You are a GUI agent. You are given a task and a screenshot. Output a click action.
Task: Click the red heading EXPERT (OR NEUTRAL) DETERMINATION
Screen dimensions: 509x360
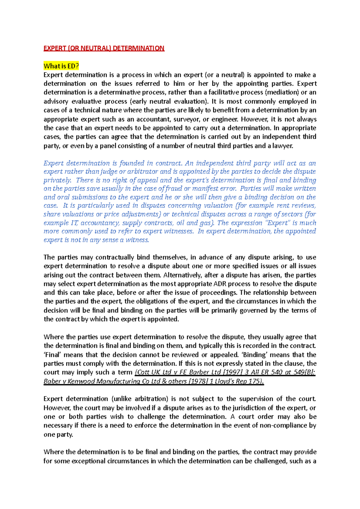[104, 48]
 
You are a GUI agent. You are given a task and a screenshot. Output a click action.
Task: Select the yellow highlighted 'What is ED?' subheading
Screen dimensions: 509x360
[61, 66]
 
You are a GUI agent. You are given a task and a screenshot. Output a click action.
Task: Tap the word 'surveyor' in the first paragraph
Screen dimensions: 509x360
[186, 119]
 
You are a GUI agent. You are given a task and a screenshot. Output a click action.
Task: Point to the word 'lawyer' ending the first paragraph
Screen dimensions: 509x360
[283, 146]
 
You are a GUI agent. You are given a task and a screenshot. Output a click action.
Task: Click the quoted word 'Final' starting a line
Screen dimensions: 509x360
[52, 355]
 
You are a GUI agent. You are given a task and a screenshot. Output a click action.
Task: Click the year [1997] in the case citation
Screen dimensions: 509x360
[233, 372]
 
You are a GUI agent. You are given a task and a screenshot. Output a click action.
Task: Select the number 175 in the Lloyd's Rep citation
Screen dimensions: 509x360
[256, 381]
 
